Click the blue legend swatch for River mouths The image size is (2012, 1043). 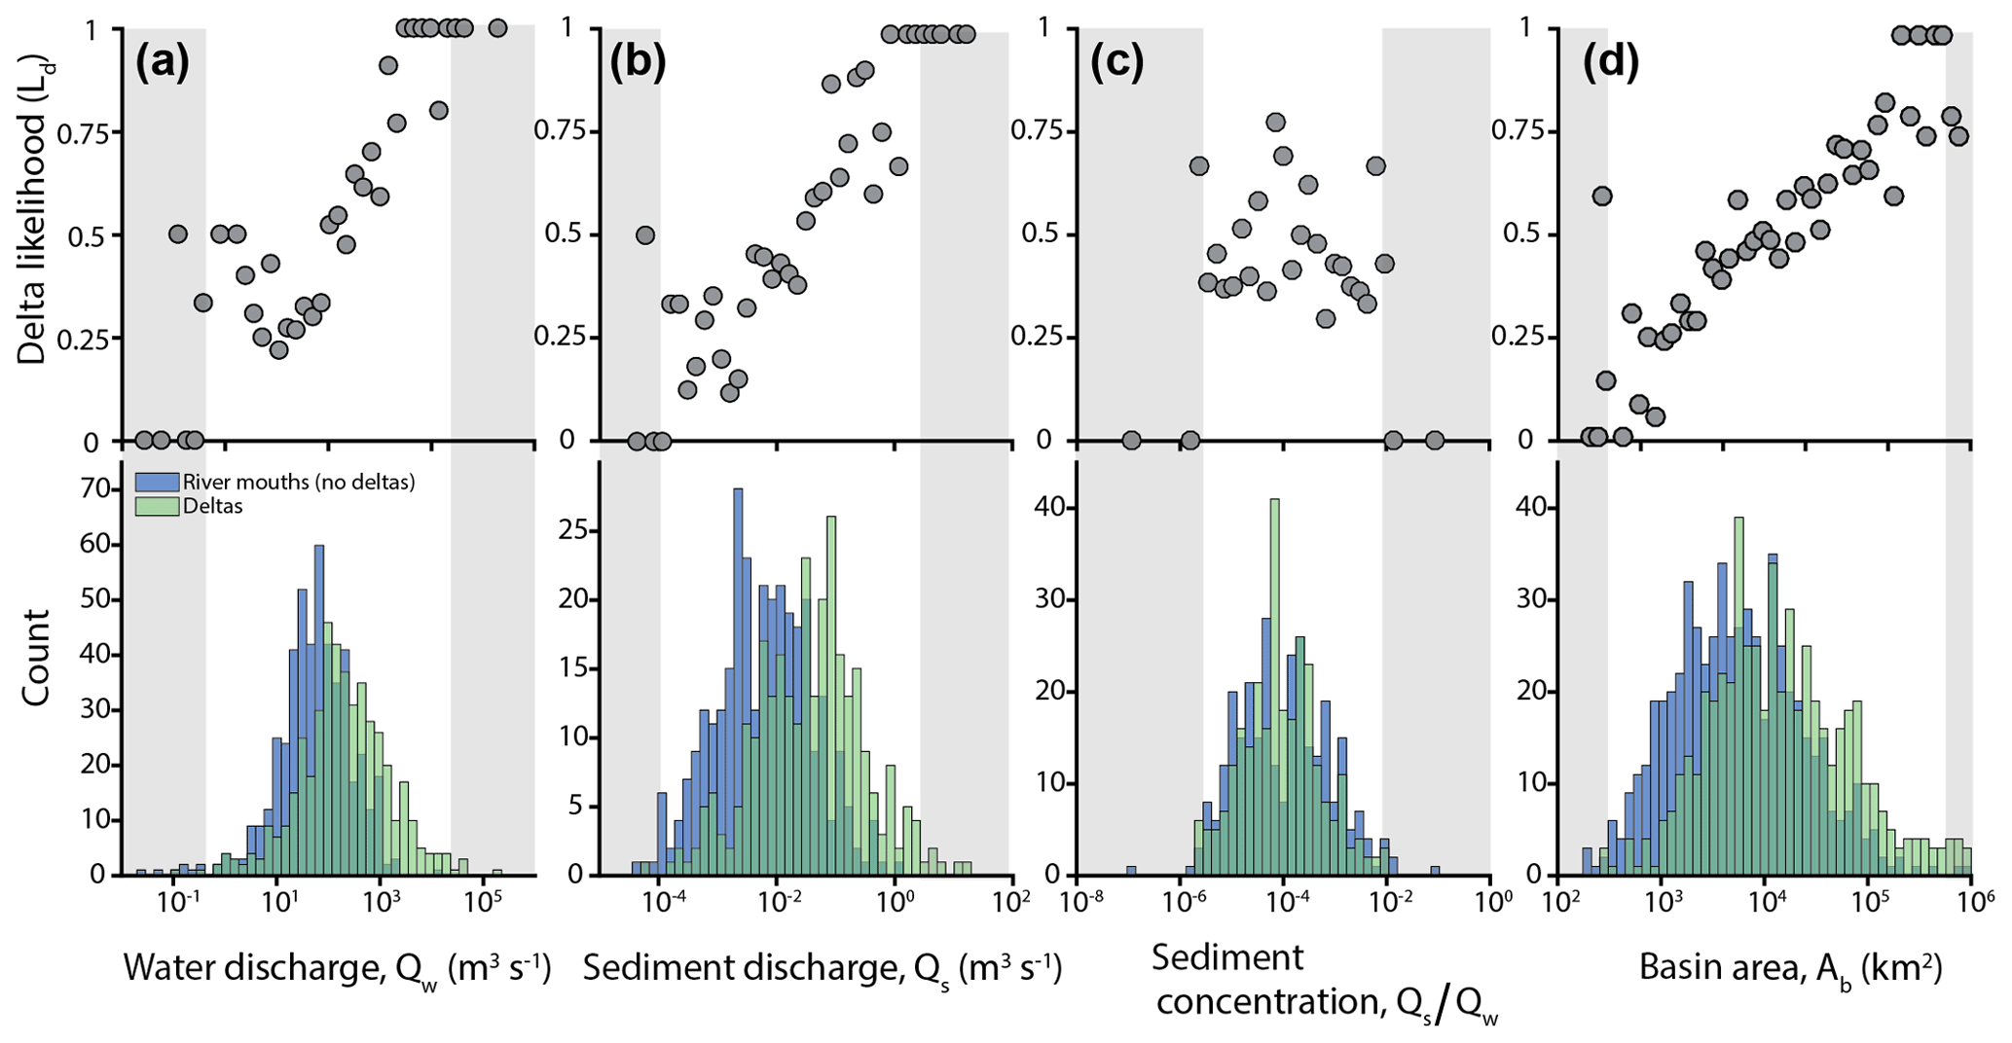pyautogui.click(x=157, y=483)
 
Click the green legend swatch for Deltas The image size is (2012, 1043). pyautogui.click(x=157, y=506)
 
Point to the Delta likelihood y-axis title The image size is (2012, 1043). pyautogui.click(x=33, y=236)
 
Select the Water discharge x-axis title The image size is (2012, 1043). pyautogui.click(x=337, y=969)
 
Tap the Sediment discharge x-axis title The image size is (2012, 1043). pyautogui.click(x=822, y=969)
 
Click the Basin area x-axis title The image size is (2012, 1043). pyautogui.click(x=1790, y=969)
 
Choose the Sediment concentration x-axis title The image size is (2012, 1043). pyautogui.click(x=1324, y=983)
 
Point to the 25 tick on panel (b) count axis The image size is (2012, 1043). pyautogui.click(x=572, y=533)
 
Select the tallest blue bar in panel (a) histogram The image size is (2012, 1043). pyautogui.click(x=318, y=710)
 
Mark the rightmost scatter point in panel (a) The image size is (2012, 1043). pyautogui.click(x=497, y=28)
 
